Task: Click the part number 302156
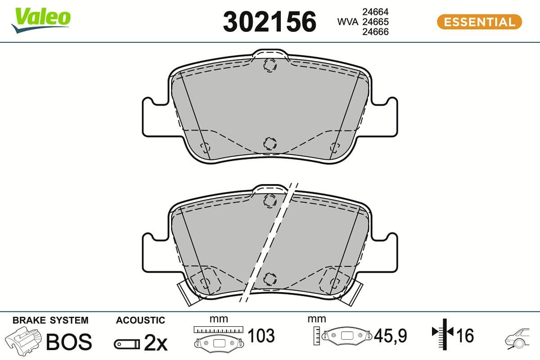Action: (270, 22)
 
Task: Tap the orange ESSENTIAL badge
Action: (479, 22)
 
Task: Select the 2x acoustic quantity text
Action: (155, 344)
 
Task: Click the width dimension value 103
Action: (261, 336)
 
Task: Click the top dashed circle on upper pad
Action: (270, 66)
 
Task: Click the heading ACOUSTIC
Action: (140, 320)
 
